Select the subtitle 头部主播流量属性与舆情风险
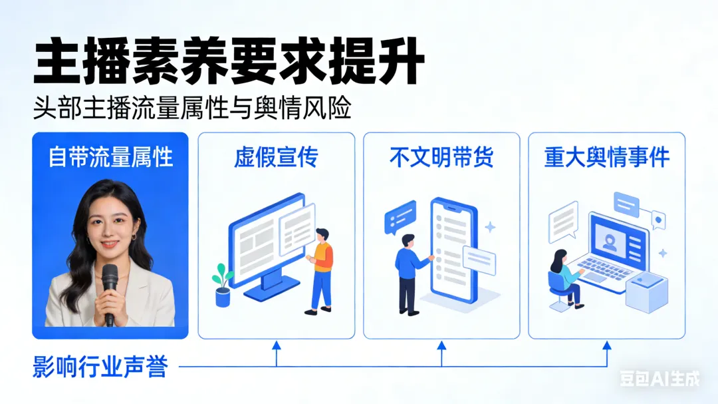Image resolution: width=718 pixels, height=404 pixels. click(192, 108)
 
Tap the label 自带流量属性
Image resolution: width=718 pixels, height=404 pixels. click(110, 157)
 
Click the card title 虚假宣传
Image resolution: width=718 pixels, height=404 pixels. click(276, 157)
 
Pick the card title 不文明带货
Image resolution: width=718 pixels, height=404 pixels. click(441, 157)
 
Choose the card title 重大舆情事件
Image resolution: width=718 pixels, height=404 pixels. click(606, 157)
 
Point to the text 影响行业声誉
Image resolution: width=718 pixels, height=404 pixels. click(100, 367)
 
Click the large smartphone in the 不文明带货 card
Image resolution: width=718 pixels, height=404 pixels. click(453, 250)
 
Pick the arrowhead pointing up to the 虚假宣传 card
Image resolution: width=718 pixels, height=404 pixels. click(277, 345)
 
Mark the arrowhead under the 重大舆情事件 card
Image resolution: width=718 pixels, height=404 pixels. click(606, 345)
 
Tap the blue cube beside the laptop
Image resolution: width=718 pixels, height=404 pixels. click(645, 293)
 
